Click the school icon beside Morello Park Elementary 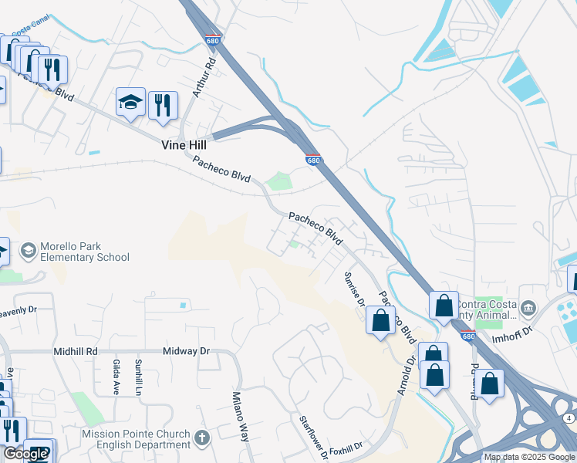[x=29, y=251]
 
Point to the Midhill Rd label [x=76, y=351]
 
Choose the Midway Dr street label [x=186, y=351]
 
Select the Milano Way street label [x=241, y=416]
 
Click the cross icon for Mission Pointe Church [x=202, y=438]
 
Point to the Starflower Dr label [x=314, y=438]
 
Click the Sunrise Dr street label [x=354, y=289]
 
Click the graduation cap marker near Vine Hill [x=130, y=103]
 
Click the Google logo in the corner [x=25, y=454]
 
